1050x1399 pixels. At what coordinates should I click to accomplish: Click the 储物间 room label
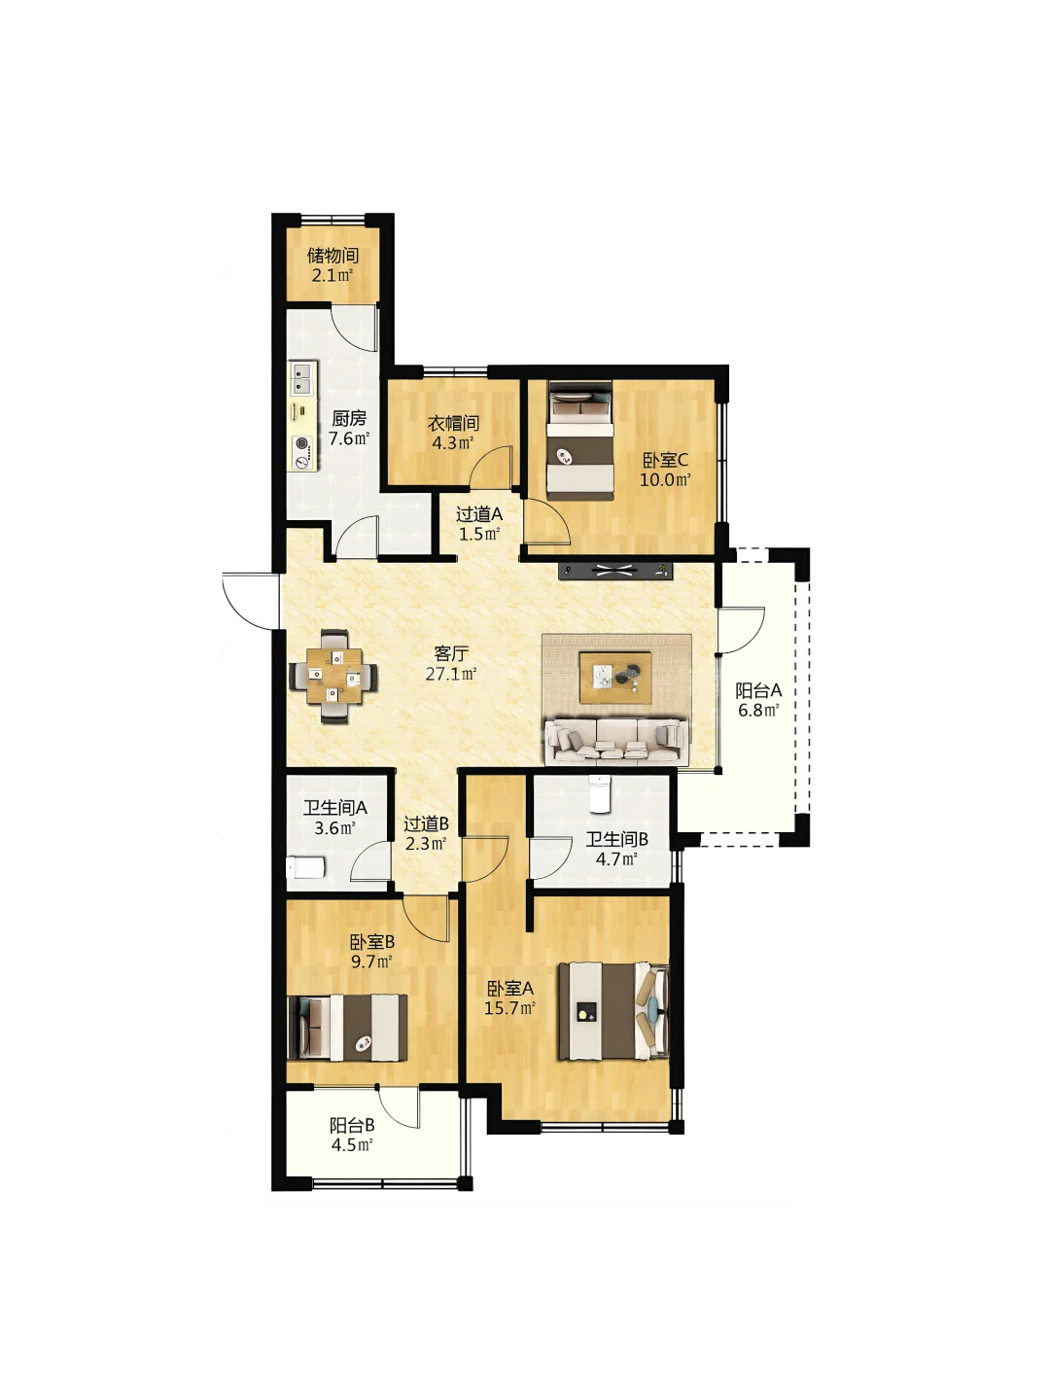tap(332, 256)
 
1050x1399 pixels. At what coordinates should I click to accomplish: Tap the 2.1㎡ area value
tap(332, 276)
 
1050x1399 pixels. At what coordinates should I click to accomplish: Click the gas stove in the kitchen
tap(303, 452)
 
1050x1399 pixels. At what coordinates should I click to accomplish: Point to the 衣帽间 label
tap(453, 423)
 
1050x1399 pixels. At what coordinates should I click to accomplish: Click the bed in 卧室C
tap(580, 440)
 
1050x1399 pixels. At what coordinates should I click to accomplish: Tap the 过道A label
tap(479, 513)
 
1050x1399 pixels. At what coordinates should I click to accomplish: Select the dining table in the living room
tap(333, 676)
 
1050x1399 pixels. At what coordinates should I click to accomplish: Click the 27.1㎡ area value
tap(451, 673)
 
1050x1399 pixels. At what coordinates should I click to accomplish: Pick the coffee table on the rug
tap(614, 677)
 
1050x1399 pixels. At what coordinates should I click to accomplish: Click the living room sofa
tap(616, 741)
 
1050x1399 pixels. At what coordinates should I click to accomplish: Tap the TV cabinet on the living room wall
tap(615, 571)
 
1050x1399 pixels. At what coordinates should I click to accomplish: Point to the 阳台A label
tap(758, 689)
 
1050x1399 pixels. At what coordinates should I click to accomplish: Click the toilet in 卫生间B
tap(599, 793)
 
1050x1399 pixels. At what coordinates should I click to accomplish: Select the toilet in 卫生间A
tap(305, 867)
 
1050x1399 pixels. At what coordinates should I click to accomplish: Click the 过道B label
tap(426, 824)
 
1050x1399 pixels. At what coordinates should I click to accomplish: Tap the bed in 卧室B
tap(348, 1028)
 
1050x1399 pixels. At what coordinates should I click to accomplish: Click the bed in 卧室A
tap(613, 1011)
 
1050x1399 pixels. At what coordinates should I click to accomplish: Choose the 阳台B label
tap(352, 1125)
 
